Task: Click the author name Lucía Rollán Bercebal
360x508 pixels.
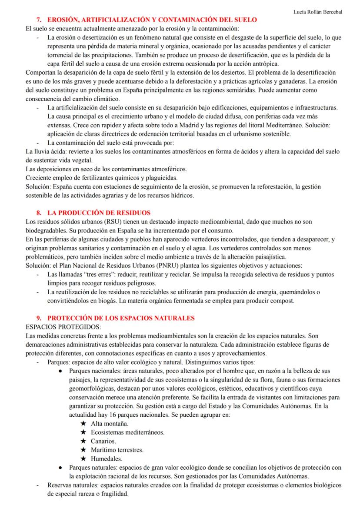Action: [x=324, y=12]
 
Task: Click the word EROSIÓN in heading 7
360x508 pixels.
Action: [x=66, y=20]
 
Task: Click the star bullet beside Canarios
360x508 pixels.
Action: [x=83, y=441]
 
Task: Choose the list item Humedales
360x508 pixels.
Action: [x=107, y=458]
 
